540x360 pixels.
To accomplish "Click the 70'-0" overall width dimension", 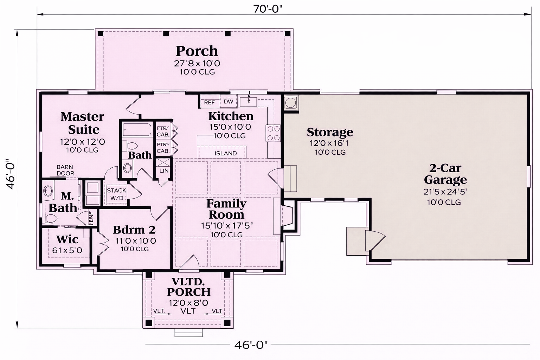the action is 268,9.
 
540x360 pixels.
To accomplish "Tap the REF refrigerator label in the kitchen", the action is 209,102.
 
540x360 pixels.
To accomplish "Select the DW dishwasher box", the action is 228,102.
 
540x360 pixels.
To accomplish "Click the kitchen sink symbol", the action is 249,101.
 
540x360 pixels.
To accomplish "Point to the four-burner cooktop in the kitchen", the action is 274,133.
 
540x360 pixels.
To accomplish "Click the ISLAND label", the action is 226,153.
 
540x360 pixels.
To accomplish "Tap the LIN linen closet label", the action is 164,171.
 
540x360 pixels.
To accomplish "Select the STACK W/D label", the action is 117,194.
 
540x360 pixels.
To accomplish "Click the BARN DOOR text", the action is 65,170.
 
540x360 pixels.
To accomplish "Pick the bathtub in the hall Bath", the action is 137,130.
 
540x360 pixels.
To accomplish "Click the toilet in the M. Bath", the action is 51,219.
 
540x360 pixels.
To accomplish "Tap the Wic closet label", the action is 67,239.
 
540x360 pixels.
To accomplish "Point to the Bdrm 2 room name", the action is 134,230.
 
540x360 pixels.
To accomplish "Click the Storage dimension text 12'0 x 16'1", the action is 329,143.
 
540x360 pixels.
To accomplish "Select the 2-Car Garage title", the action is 445,174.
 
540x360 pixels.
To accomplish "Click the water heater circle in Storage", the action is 290,103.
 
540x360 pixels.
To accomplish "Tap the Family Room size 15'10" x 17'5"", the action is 227,226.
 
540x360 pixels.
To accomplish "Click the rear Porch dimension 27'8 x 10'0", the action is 197,63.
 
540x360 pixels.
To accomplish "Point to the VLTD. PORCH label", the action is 189,287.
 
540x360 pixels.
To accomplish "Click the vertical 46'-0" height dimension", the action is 11,174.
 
